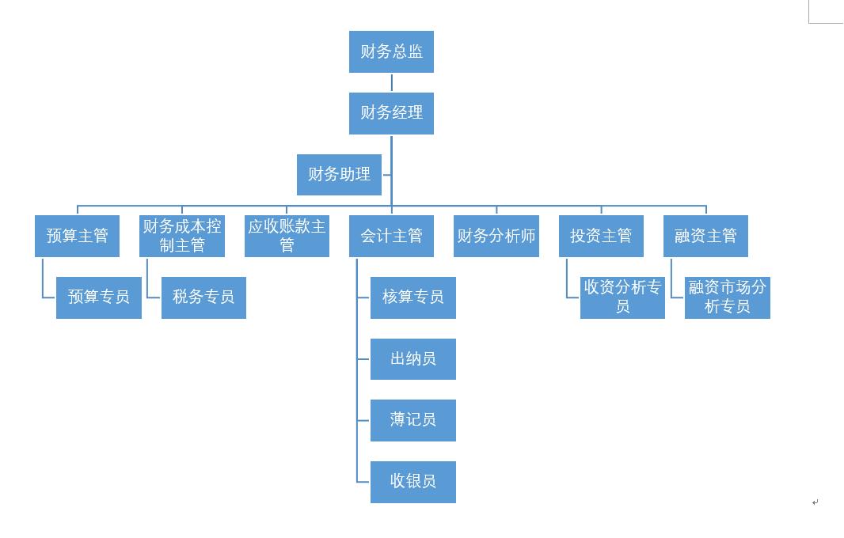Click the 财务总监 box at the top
coord(391,52)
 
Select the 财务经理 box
coord(391,113)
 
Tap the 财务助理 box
coord(339,175)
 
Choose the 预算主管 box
coord(77,236)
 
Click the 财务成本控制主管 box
coord(182,236)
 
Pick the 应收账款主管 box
coord(287,236)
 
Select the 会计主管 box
coord(391,236)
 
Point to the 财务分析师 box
coord(496,236)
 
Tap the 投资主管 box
coord(601,236)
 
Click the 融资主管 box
coord(705,236)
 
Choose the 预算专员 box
coord(99,297)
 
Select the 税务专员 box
coord(203,297)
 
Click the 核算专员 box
coord(413,297)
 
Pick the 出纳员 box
coord(413,358)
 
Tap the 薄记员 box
coord(413,420)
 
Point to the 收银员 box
coord(413,481)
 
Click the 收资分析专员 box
coord(622,297)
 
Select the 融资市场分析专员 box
coord(727,297)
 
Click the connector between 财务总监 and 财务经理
coord(392,83)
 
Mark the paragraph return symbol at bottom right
coord(815,502)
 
